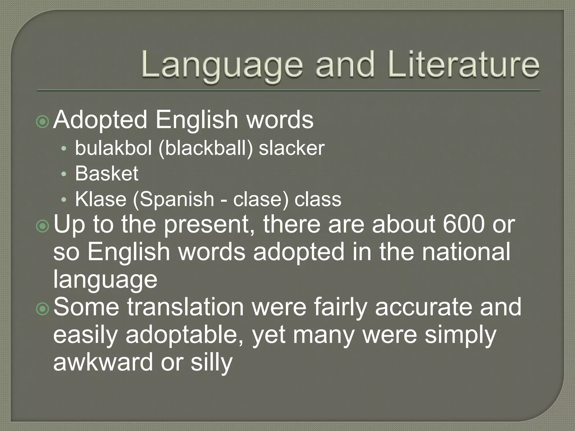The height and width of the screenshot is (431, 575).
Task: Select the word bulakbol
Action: [x=113, y=148]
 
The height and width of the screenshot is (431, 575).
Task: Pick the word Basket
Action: [x=107, y=173]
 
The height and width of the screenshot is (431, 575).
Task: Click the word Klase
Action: [x=101, y=199]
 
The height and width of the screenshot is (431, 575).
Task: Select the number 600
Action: [x=464, y=224]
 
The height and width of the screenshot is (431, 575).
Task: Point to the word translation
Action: [x=185, y=307]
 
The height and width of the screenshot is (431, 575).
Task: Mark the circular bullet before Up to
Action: [x=43, y=226]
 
